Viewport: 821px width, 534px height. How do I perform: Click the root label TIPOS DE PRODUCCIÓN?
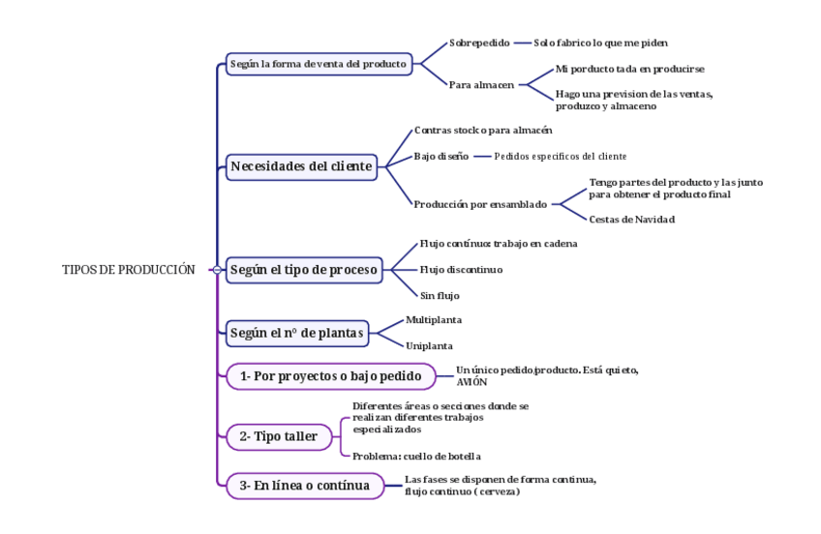[128, 270]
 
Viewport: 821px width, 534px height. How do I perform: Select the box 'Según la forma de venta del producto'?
[319, 64]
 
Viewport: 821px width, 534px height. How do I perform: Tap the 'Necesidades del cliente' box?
[301, 166]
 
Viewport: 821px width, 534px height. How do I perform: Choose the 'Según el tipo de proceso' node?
[304, 270]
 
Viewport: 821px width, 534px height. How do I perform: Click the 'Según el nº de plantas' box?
[296, 334]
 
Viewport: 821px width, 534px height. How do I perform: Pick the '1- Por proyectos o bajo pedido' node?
[331, 376]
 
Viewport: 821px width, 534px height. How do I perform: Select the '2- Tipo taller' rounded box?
[278, 436]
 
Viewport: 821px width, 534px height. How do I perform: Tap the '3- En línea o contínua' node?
[304, 486]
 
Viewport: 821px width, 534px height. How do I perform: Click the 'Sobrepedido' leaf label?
[479, 43]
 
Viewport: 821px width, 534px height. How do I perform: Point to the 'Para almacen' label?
[481, 85]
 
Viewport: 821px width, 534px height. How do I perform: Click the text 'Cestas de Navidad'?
[631, 220]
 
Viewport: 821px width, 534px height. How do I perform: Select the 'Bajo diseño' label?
[441, 156]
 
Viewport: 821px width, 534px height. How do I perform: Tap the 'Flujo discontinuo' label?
[461, 270]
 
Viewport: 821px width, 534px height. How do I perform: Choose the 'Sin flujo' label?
[440, 295]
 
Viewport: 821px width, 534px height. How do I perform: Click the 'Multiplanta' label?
[433, 319]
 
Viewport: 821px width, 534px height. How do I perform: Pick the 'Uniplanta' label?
[429, 345]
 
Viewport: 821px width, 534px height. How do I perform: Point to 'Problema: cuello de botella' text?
[416, 456]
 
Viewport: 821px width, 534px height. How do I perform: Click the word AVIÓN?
[471, 382]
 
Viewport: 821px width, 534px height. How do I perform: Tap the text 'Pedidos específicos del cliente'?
[560, 156]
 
